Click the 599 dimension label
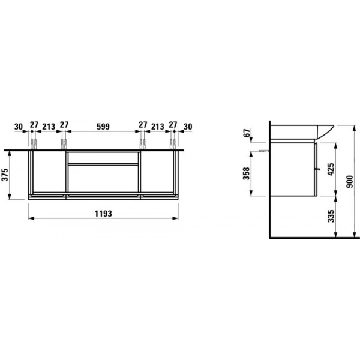tap(104, 127)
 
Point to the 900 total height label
tap(350, 181)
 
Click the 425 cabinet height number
tap(329, 169)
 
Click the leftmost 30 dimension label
tap(18, 127)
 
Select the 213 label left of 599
tap(49, 127)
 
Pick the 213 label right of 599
tap(158, 127)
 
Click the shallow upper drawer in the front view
tap(104, 157)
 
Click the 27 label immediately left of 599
tap(64, 127)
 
